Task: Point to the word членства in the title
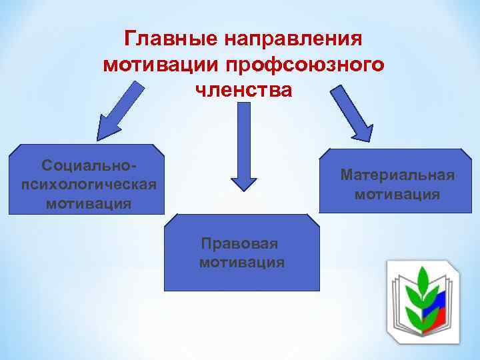(244, 89)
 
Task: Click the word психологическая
(88, 183)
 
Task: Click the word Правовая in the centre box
(241, 243)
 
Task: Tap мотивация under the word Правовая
(241, 263)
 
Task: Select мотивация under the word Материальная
(397, 195)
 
